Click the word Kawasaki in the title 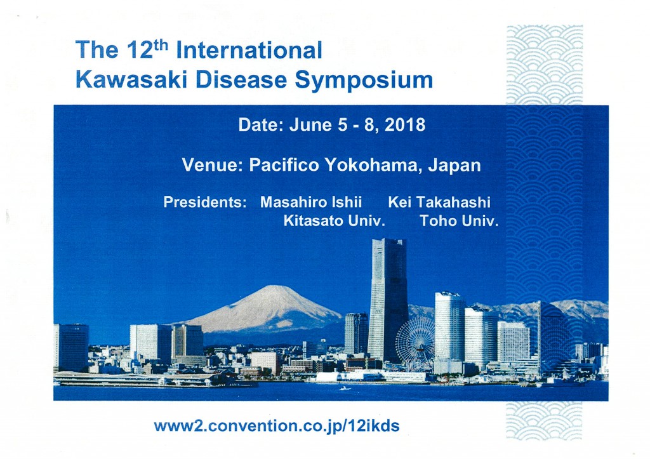[131, 79]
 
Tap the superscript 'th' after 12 [158, 44]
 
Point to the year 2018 [405, 125]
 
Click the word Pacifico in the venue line [284, 165]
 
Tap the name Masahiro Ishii [311, 202]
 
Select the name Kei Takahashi [439, 202]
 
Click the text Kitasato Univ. [335, 220]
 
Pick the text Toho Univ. [459, 220]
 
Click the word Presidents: [205, 202]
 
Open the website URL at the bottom [277, 426]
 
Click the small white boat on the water [345, 389]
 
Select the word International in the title [249, 50]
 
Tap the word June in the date [311, 125]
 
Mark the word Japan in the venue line [454, 166]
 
